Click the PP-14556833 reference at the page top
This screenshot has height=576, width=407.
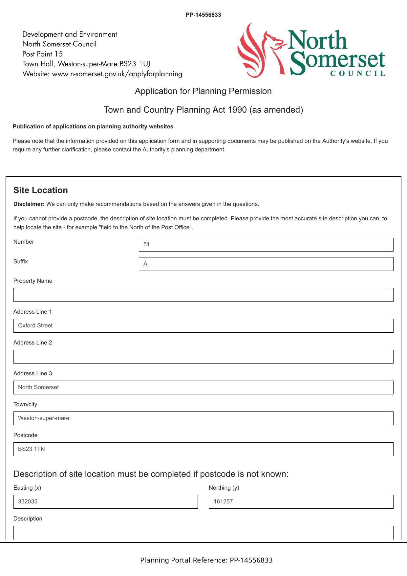(x=203, y=15)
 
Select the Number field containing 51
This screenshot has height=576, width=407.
(x=266, y=245)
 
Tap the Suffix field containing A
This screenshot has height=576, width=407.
(x=266, y=264)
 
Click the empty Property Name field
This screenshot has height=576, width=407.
(x=203, y=295)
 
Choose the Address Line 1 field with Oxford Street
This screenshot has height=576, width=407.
(x=203, y=326)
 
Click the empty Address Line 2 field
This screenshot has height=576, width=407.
(x=203, y=357)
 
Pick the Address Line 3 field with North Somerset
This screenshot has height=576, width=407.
(x=203, y=388)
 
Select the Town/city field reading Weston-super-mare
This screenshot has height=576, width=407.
(x=203, y=418)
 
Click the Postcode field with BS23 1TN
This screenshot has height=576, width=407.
(x=203, y=449)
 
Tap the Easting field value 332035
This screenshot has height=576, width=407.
(x=105, y=502)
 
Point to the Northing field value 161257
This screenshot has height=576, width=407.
(x=301, y=502)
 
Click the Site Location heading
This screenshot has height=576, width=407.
(x=41, y=190)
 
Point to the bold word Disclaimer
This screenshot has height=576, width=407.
(x=29, y=204)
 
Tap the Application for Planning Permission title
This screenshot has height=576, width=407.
(x=203, y=91)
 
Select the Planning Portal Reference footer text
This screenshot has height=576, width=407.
(x=206, y=560)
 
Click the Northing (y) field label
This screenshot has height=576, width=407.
(x=224, y=488)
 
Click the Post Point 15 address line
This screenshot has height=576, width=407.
(x=43, y=54)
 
